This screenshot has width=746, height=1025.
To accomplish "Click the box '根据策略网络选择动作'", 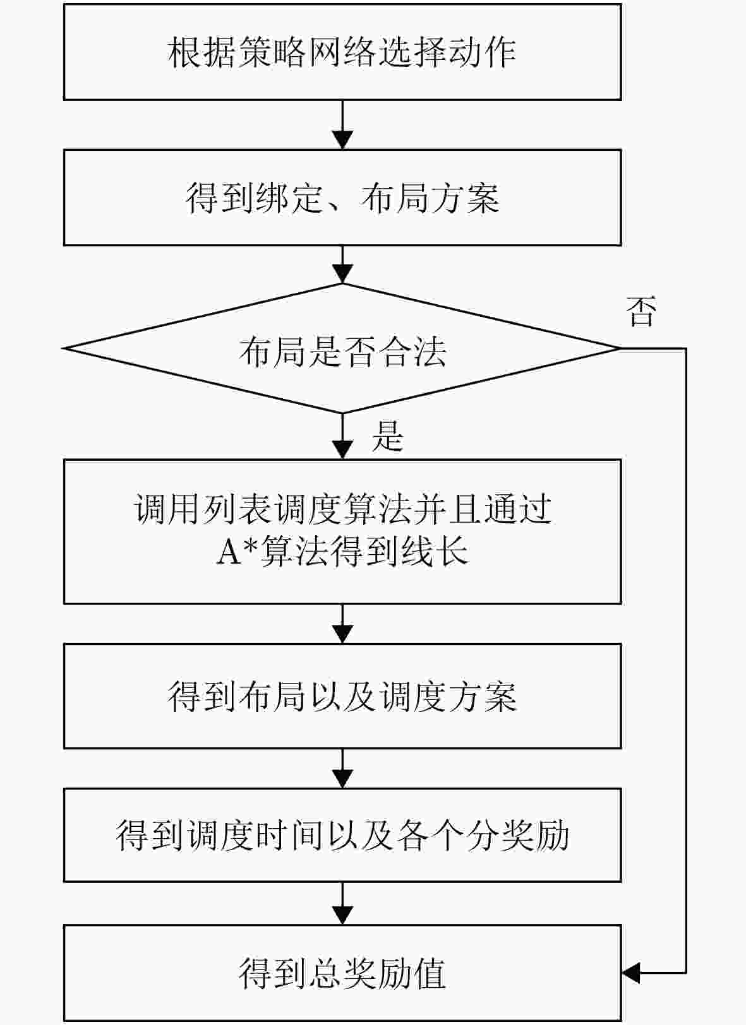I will tap(342, 52).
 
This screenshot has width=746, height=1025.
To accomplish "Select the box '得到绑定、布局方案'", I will tap(342, 198).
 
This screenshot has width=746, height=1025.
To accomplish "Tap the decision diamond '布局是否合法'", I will tap(342, 348).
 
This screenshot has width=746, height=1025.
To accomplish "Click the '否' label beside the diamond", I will tap(641, 312).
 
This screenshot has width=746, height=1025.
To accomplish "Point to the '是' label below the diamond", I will tap(387, 435).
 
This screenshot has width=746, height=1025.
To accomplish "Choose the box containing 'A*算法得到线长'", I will tap(342, 531).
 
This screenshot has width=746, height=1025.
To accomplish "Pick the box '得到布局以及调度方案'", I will tap(342, 696).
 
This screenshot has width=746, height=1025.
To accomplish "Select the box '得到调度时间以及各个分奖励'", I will tap(342, 834).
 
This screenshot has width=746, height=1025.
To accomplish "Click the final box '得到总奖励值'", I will tap(342, 973).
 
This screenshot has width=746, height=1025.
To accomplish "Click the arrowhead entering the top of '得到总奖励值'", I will tap(342, 916).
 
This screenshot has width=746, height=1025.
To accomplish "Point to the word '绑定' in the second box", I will tap(289, 198).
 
